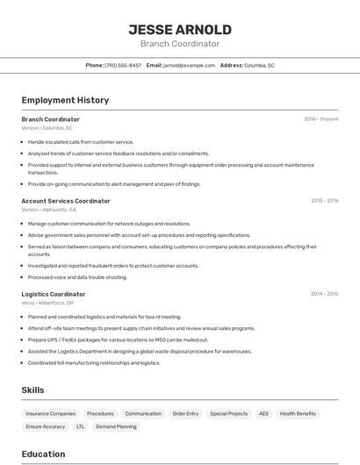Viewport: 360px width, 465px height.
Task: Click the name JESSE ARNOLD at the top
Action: coord(180,29)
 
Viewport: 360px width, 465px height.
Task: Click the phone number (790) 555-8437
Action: coord(123,65)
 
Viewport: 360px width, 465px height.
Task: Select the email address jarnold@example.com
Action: coord(190,65)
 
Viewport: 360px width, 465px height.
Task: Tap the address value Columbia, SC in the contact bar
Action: coord(259,65)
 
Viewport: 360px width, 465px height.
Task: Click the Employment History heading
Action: coord(65,100)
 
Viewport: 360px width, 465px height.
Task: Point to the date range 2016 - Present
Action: coord(320,119)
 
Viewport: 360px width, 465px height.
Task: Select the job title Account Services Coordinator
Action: coord(66,201)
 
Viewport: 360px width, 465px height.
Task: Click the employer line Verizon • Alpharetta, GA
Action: coord(49,210)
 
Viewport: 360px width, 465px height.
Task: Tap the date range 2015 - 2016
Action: coord(324,201)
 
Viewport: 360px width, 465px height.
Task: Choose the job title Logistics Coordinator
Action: coord(54,294)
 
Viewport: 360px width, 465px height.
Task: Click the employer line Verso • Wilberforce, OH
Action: coord(47,303)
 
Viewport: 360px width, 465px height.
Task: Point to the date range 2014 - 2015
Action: coord(324,294)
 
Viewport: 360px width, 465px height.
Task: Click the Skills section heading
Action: coord(33,390)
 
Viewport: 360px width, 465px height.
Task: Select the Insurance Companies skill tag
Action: coord(51,413)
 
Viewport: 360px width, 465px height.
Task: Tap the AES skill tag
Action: coord(263,413)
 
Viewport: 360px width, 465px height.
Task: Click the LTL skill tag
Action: coord(81,426)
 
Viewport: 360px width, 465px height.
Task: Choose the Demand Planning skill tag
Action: coord(116,426)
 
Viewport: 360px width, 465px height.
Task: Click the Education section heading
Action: coord(43,454)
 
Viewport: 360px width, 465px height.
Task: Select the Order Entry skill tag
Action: coord(185,413)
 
